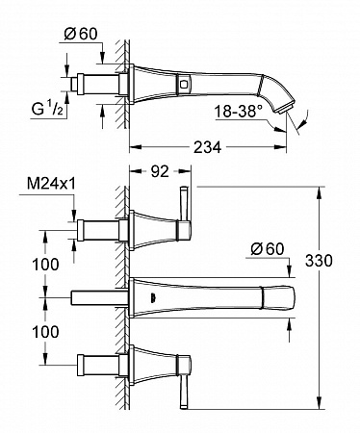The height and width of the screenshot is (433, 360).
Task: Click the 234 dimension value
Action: tap(207, 147)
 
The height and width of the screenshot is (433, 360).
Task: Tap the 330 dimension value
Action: tap(319, 261)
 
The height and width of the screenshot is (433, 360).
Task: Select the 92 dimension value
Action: tap(160, 172)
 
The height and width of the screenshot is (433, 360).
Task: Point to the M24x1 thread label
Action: tap(51, 185)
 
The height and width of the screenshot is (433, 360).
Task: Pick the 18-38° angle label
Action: tap(238, 112)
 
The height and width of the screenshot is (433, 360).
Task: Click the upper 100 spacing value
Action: tap(45, 265)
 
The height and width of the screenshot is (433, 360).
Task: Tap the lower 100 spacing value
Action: tap(45, 332)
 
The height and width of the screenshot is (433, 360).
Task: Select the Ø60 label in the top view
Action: tap(81, 34)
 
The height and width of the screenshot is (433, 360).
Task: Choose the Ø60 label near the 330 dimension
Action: tap(268, 249)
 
